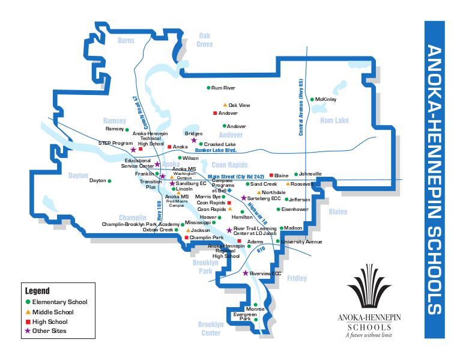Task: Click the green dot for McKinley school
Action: tap(312, 99)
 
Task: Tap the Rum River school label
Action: tap(223, 88)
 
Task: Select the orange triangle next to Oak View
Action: tap(225, 105)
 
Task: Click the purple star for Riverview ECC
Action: tap(245, 273)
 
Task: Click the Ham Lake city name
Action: tap(334, 121)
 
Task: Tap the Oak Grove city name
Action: tap(205, 40)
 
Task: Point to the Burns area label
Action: tap(126, 41)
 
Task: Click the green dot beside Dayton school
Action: tap(109, 180)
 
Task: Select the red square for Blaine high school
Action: tap(271, 175)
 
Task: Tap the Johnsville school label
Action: tap(310, 174)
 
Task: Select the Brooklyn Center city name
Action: tap(210, 328)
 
